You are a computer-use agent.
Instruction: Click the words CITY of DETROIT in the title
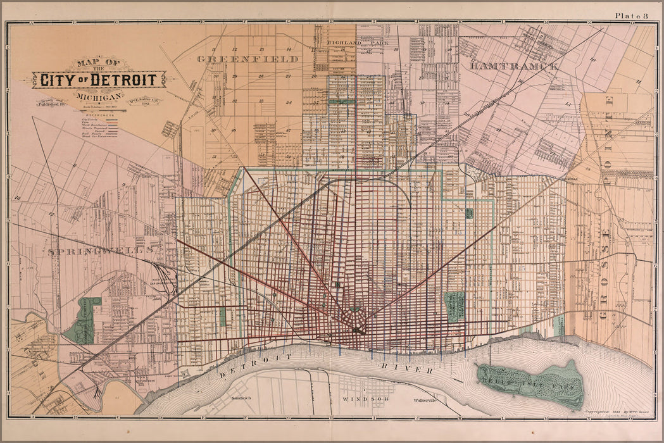(99, 80)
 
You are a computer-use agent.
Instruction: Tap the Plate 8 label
(630, 15)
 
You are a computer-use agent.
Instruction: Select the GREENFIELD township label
(247, 59)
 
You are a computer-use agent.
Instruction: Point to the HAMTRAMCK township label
(514, 66)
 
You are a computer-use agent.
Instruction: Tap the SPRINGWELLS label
(101, 251)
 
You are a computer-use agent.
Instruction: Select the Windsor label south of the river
(359, 400)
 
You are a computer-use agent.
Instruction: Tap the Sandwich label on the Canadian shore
(242, 398)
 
